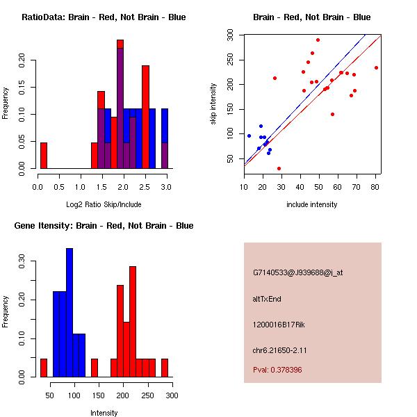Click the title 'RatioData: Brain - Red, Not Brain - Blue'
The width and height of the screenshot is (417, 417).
(103, 17)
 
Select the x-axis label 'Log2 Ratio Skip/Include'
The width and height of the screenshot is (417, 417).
(102, 204)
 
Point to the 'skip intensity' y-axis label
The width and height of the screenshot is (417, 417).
(214, 104)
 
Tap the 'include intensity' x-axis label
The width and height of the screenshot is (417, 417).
(311, 204)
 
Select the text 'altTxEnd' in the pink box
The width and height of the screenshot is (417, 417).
(267, 299)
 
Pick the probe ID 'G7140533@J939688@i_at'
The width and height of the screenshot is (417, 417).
(298, 272)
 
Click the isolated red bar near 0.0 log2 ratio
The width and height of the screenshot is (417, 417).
(43, 156)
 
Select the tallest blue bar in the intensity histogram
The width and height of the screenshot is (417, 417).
(69, 313)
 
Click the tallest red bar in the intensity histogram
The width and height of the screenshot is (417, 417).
(132, 321)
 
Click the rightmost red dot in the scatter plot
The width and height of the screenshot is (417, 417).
(376, 67)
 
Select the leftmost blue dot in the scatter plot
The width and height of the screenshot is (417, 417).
(249, 136)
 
